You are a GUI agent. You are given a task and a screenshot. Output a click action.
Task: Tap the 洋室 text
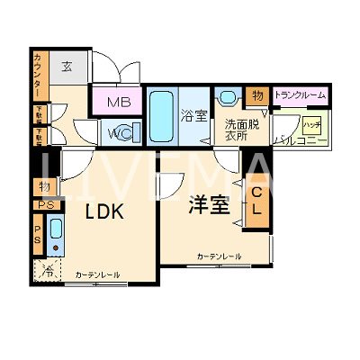click(208, 205)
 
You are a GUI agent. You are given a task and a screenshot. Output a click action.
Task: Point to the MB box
click(118, 102)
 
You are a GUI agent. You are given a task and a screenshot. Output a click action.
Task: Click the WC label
click(118, 133)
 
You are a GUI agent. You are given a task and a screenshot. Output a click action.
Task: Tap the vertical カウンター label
click(37, 76)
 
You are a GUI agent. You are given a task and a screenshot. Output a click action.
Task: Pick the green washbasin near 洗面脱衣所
click(227, 98)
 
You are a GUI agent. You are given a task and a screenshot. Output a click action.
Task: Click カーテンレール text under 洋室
click(219, 256)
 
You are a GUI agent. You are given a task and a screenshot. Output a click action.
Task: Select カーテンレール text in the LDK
click(97, 274)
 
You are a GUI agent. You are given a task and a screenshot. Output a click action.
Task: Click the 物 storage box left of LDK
click(43, 186)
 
